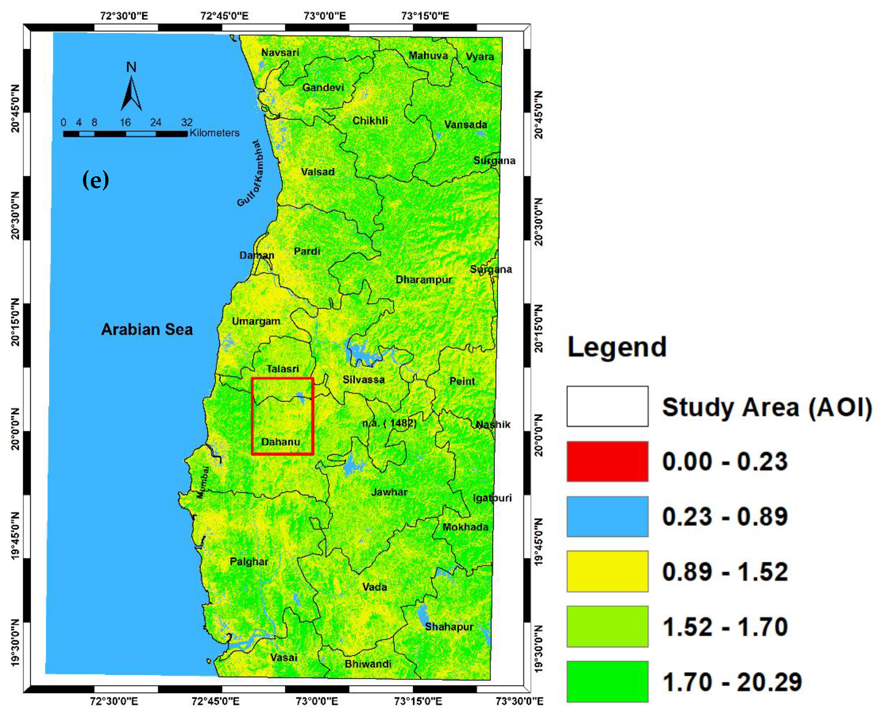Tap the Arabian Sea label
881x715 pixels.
point(147,330)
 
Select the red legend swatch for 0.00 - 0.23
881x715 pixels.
point(607,461)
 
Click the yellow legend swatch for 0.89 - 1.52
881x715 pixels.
point(607,571)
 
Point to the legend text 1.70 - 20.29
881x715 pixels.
point(732,682)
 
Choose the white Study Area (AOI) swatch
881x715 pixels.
point(607,406)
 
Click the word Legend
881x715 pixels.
point(617,347)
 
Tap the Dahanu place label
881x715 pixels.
point(280,442)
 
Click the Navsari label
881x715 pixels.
point(280,53)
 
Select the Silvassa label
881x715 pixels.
point(363,379)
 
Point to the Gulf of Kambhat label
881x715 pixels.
point(251,173)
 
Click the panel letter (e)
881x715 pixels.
point(96,180)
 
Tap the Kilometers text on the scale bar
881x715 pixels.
point(214,133)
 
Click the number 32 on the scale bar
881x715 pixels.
point(186,122)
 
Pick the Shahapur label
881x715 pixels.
point(449,627)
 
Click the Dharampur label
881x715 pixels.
point(424,280)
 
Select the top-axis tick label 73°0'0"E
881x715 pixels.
point(325,16)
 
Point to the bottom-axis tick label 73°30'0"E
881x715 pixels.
point(519,701)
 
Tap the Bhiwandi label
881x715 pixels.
point(368,664)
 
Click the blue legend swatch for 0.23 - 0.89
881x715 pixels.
point(607,517)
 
